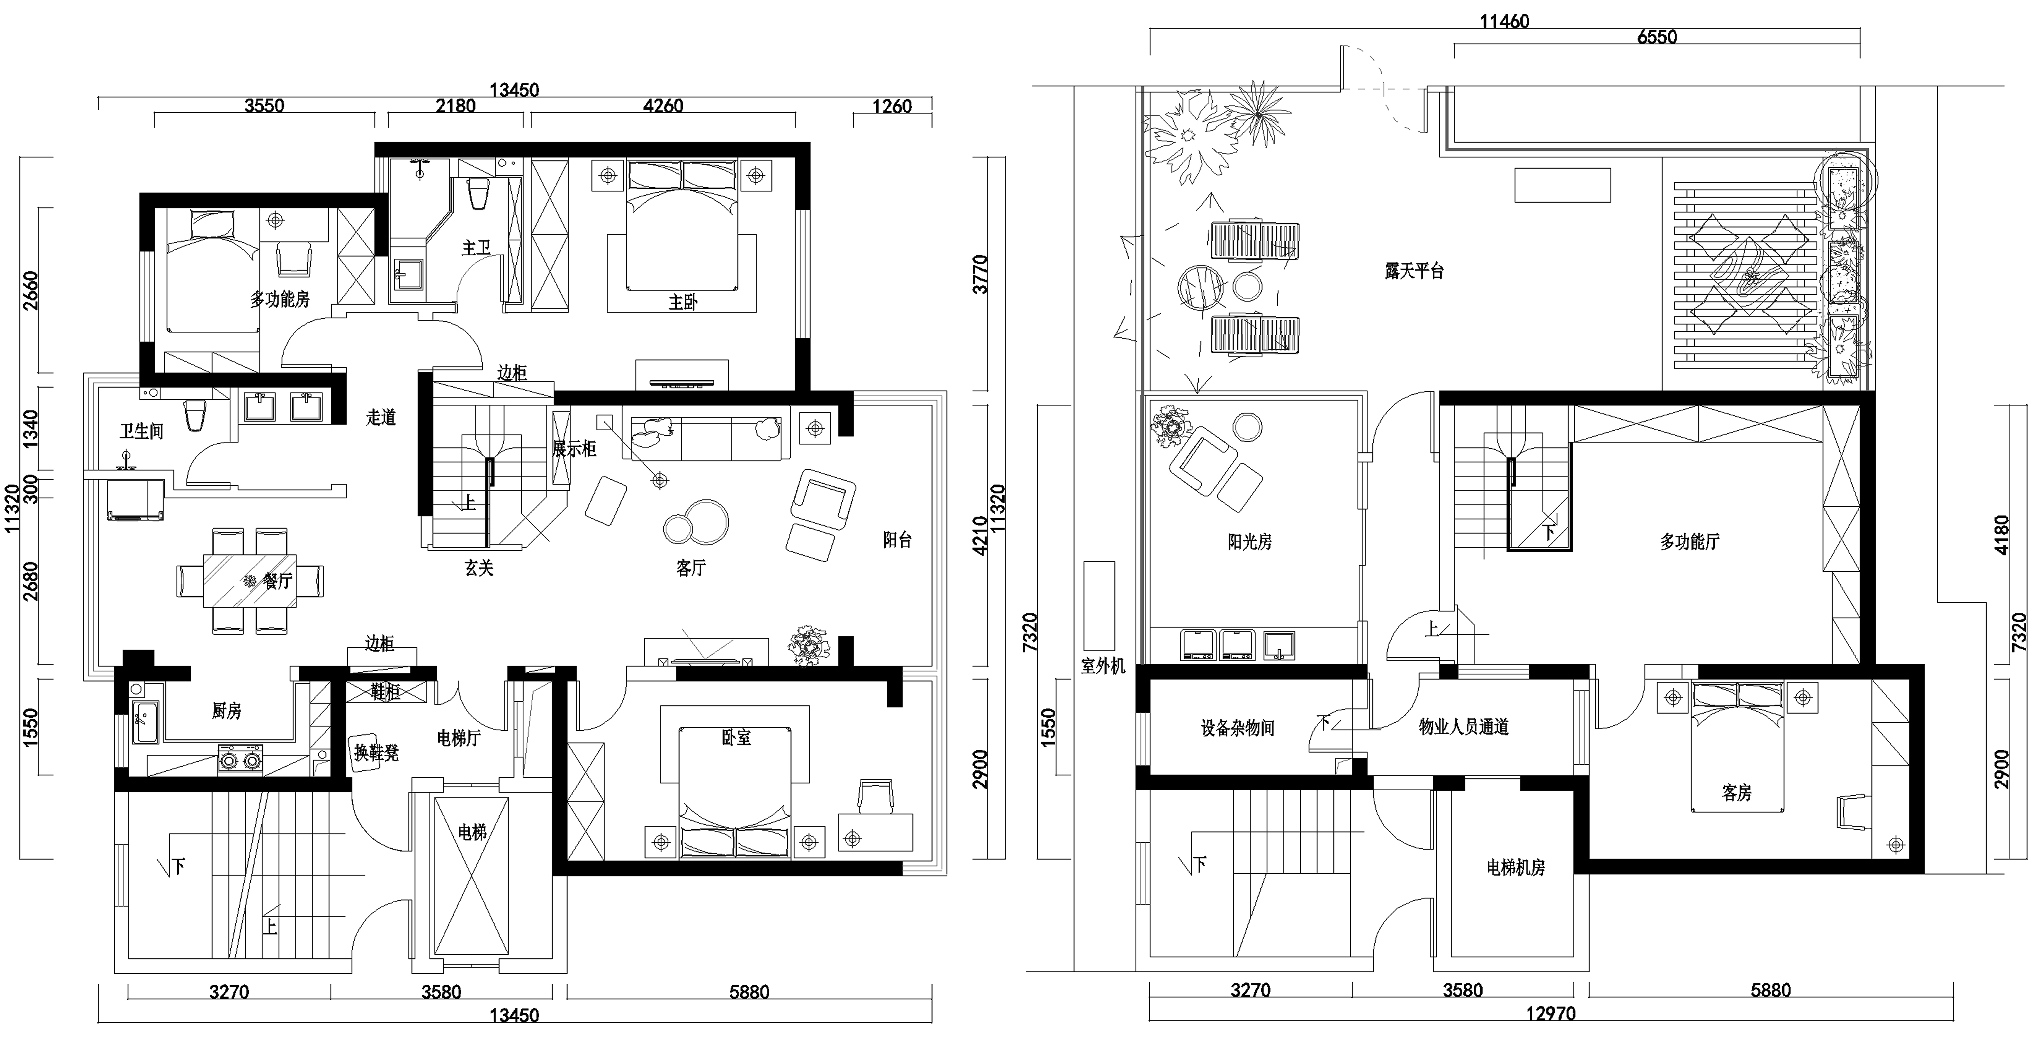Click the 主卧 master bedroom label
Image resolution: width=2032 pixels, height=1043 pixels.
[683, 302]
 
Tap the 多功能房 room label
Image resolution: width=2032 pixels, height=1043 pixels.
[280, 299]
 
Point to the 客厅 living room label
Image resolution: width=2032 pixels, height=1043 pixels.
[691, 568]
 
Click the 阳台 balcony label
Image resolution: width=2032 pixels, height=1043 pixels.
[898, 540]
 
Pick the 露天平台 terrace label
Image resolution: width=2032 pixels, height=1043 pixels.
[1414, 271]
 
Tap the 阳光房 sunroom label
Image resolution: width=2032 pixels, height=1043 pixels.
[1250, 542]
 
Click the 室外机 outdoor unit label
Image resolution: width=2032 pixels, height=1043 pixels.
[1103, 666]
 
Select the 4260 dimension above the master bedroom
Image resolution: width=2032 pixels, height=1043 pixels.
[664, 106]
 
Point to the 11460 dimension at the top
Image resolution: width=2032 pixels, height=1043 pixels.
[1504, 21]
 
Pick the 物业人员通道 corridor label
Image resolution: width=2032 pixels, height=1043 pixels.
[1464, 727]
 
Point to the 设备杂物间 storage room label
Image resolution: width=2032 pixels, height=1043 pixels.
[1238, 727]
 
